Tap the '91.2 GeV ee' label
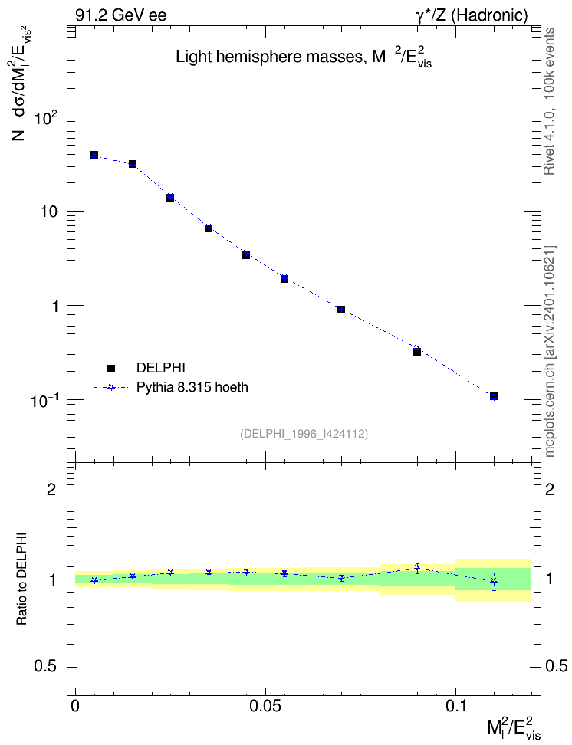point(121,15)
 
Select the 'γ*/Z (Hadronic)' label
point(472,15)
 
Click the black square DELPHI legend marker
point(111,368)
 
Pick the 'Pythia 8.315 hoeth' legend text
point(192,387)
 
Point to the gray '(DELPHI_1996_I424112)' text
point(304,433)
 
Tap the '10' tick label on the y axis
point(48,212)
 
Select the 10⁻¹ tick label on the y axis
point(44,400)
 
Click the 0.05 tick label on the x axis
point(265,707)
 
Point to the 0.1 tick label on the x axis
point(455,707)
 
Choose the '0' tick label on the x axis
point(75,707)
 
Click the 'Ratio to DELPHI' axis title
point(22,579)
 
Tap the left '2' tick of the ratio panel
point(51,489)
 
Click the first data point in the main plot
point(94,155)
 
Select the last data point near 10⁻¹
point(494,396)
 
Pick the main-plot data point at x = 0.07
point(341,310)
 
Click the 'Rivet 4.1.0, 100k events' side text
point(549,101)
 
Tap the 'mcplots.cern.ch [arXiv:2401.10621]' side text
point(549,351)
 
